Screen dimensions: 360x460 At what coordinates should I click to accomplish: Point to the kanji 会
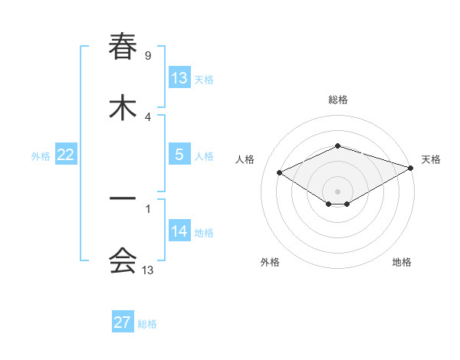pos(123,260)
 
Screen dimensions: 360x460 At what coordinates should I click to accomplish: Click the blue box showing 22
pos(65,155)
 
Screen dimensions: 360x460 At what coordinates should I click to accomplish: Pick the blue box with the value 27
pos(123,322)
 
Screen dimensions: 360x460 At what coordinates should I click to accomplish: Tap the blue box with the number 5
pos(179,155)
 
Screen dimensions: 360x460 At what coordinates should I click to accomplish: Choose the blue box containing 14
pos(179,231)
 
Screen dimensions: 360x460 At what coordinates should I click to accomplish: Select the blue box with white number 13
pos(179,78)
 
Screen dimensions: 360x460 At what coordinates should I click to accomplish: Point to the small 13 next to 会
pos(148,270)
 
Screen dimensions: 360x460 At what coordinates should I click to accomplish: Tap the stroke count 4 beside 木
pos(147,116)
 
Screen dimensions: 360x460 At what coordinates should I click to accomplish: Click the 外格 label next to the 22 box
pos(41,156)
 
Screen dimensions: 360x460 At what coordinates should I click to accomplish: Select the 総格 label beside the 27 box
pos(147,324)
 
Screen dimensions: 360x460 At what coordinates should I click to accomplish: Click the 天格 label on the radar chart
pos(431,159)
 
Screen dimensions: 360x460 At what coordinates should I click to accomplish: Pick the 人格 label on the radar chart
pos(245,159)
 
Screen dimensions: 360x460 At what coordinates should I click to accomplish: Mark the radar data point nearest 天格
pos(411,168)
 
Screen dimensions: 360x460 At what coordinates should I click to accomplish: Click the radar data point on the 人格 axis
pos(280,172)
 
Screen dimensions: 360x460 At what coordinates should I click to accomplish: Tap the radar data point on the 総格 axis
pos(337,146)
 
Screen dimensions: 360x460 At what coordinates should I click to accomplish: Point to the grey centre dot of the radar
pos(337,191)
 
